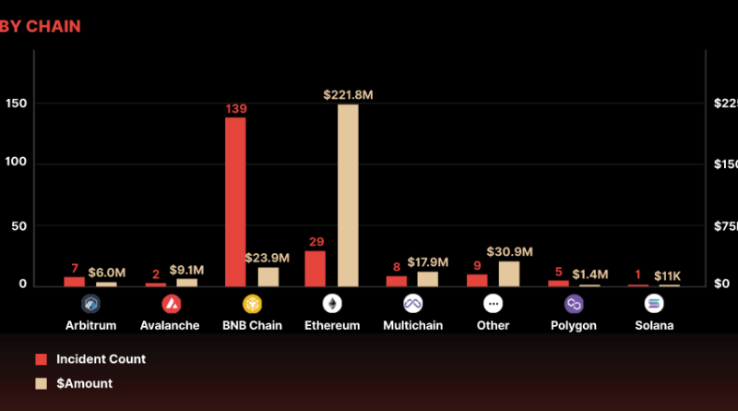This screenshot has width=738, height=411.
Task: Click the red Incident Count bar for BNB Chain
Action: click(x=235, y=201)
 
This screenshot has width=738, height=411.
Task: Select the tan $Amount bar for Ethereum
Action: click(x=348, y=195)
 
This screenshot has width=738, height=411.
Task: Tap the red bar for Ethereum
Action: click(x=315, y=268)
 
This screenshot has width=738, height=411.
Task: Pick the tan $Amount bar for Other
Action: click(x=509, y=273)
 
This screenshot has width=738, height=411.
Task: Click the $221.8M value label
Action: click(x=348, y=95)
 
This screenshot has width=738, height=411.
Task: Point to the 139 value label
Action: click(x=235, y=109)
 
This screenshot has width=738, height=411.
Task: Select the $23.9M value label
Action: click(x=268, y=258)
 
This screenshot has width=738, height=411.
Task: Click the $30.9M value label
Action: click(x=509, y=252)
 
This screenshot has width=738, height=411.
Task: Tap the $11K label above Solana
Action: click(x=668, y=276)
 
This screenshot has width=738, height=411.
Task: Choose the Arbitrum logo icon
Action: click(x=90, y=304)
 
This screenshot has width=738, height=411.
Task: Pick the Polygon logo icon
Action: click(x=574, y=304)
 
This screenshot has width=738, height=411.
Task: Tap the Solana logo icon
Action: click(x=654, y=304)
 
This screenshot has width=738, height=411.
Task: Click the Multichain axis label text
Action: click(x=412, y=326)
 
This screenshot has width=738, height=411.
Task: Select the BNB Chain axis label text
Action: click(x=251, y=326)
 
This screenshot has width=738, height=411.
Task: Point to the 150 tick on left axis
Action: click(x=16, y=103)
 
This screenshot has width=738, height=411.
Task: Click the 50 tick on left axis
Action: click(x=19, y=225)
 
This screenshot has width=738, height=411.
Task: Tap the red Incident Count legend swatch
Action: click(x=41, y=359)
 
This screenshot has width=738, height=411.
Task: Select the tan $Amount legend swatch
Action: click(x=41, y=383)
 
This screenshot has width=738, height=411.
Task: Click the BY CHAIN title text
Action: click(x=41, y=27)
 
